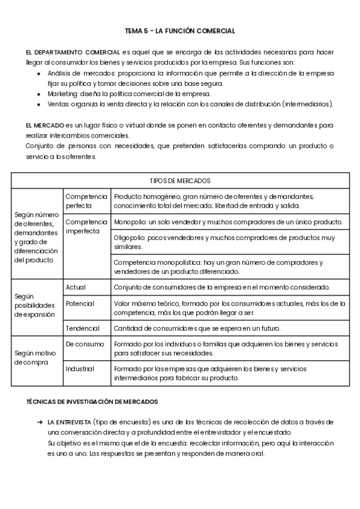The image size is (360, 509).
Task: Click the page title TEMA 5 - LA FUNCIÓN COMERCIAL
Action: [180, 31]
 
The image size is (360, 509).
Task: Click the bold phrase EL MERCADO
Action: [46, 125]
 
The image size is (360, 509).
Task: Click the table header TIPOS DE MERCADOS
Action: [180, 181]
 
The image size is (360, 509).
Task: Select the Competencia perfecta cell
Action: [86, 201]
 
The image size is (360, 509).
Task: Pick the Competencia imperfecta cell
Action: [86, 226]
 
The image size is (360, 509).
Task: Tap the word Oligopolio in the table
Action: [131, 237]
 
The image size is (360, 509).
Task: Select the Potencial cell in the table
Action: [80, 304]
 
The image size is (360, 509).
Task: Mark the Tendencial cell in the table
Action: [83, 328]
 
